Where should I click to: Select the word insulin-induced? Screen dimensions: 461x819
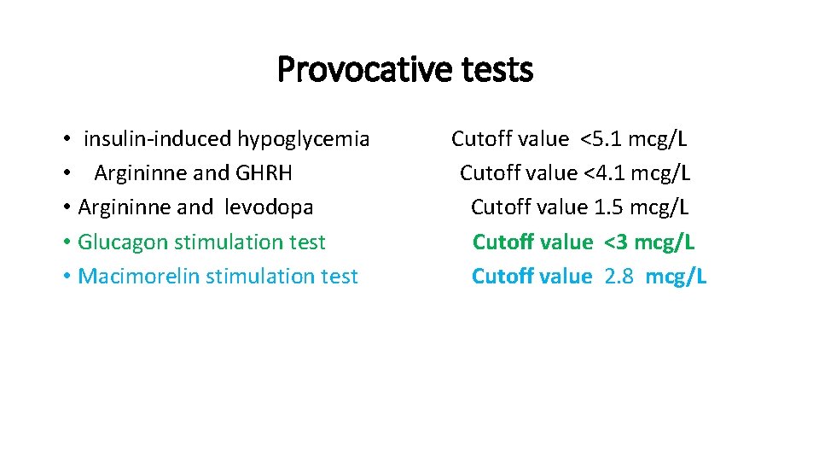[x=158, y=139]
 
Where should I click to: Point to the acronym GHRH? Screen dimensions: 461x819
[x=264, y=173]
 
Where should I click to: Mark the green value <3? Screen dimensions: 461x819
[x=616, y=242]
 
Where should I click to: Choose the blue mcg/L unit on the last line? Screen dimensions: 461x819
[x=676, y=276]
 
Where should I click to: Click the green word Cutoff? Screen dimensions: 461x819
[x=501, y=242]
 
